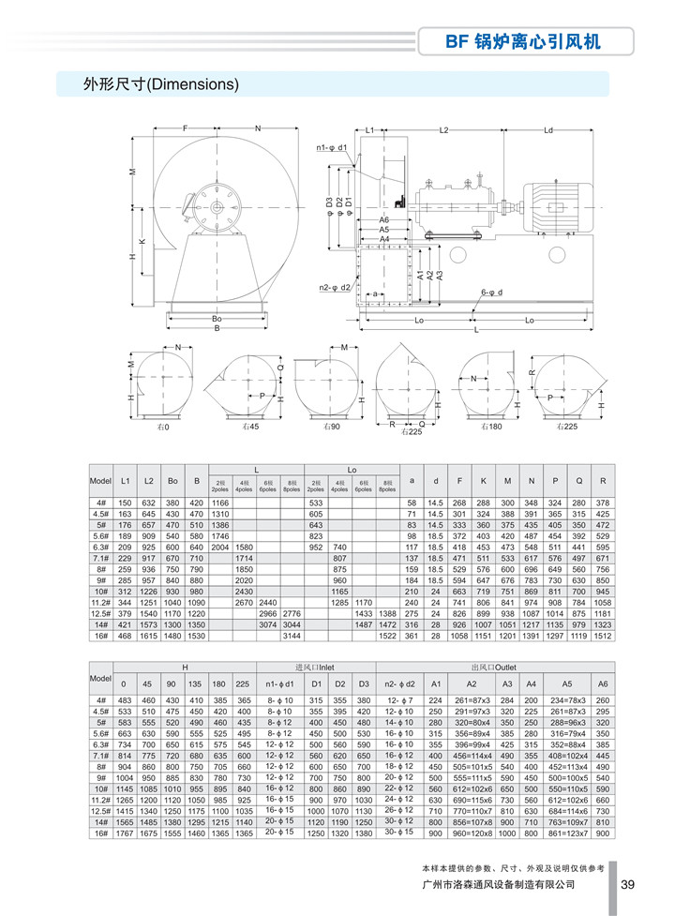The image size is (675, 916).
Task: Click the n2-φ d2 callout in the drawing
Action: [334, 287]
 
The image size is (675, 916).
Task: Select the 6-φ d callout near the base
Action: [492, 293]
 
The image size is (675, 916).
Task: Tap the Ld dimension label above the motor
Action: [548, 130]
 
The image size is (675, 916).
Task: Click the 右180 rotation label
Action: [488, 427]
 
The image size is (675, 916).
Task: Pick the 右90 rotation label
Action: [328, 427]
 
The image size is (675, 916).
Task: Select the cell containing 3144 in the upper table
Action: [292, 635]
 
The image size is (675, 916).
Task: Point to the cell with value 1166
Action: [220, 503]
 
